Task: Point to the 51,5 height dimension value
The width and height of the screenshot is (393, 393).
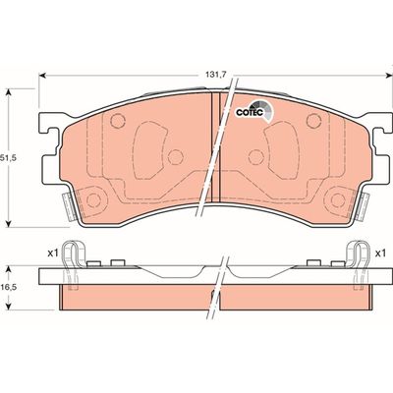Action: pos(13,155)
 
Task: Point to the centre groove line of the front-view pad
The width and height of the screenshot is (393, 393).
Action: pos(216,147)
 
